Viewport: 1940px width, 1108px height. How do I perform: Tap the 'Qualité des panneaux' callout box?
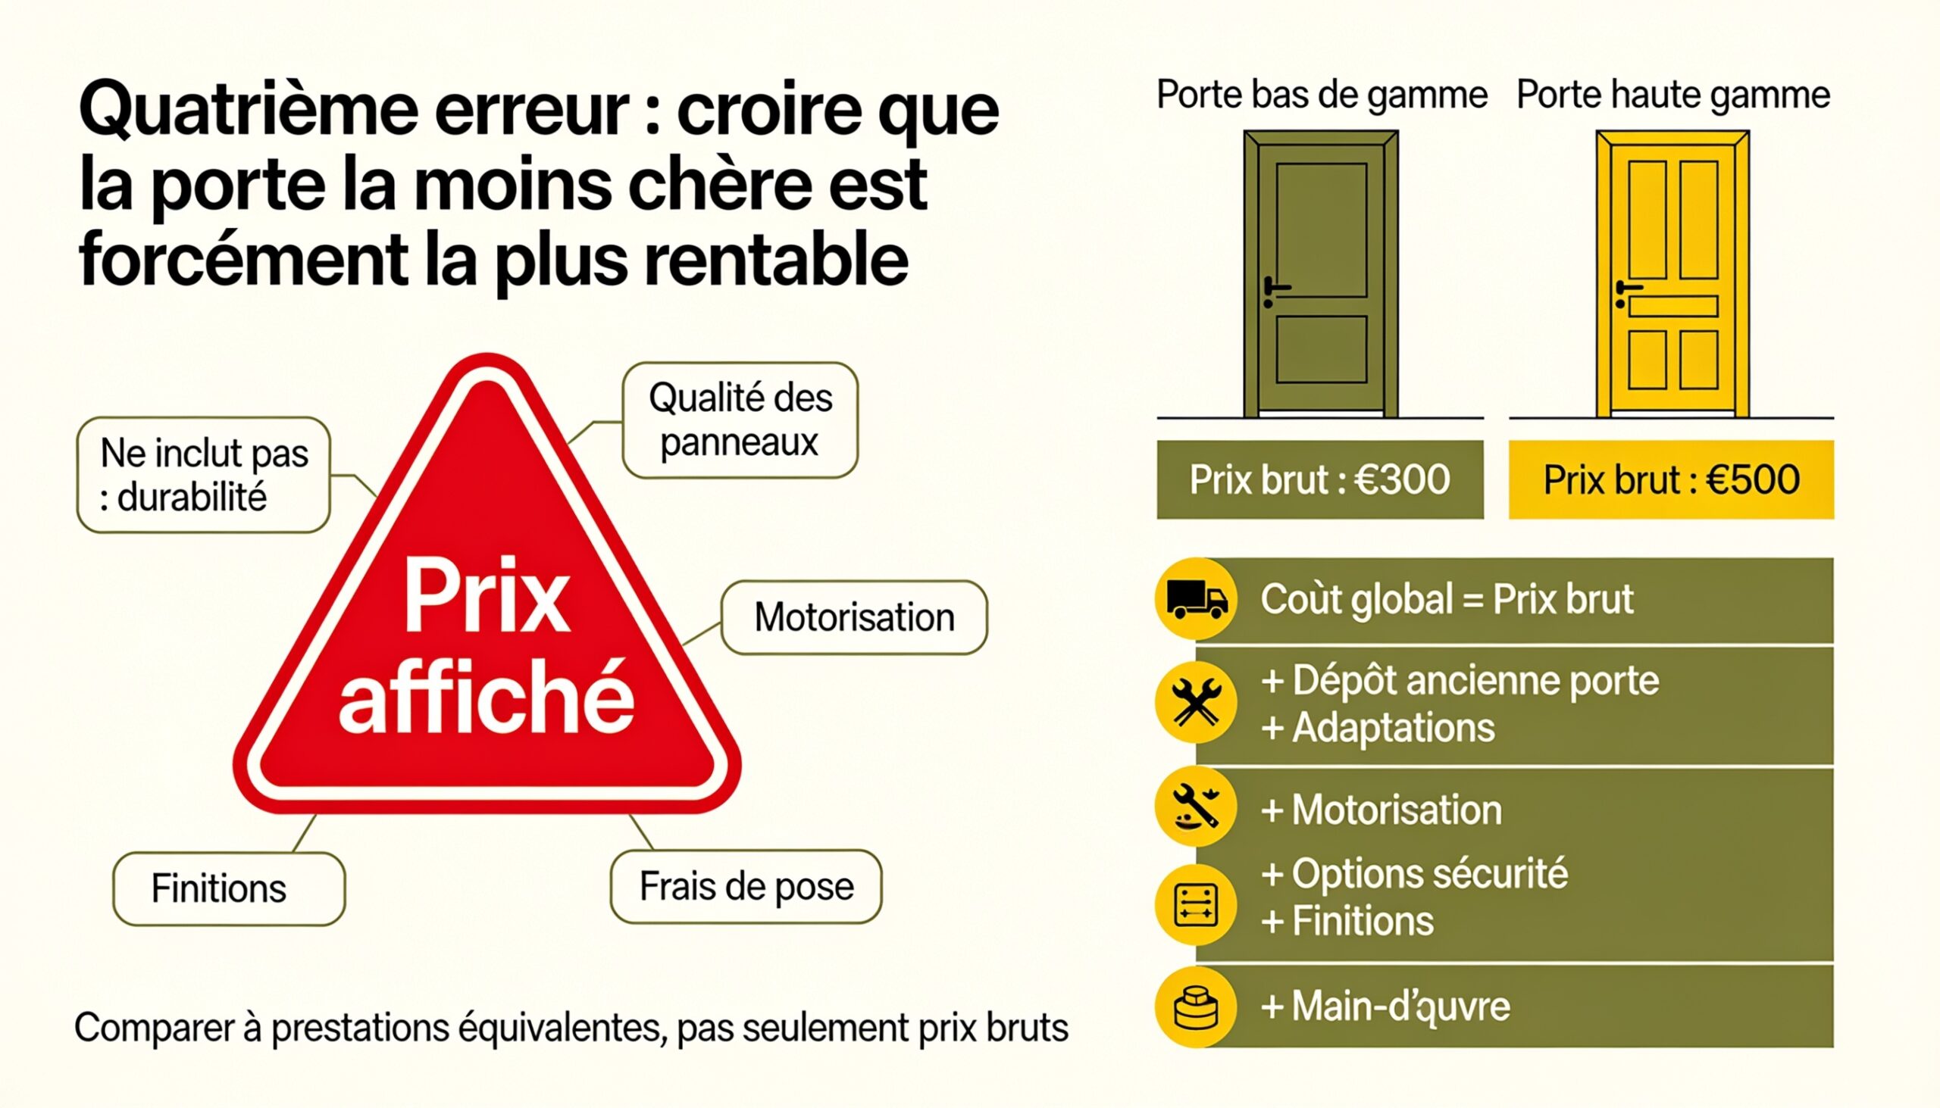[x=740, y=420]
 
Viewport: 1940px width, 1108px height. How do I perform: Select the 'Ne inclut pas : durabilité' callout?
[x=203, y=475]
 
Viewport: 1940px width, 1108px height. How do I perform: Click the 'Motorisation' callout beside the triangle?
[x=854, y=617]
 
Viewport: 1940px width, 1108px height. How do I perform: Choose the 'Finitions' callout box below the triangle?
[x=228, y=889]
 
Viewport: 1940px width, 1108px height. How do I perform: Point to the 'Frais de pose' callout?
[x=746, y=887]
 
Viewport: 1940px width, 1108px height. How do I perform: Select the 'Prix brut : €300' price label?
[x=1320, y=479]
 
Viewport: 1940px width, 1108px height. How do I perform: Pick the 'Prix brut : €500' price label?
[x=1671, y=479]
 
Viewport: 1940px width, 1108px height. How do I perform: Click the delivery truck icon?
[x=1196, y=599]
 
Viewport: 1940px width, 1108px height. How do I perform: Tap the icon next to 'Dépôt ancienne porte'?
[x=1196, y=701]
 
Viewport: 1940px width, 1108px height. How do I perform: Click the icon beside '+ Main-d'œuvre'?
[x=1196, y=1007]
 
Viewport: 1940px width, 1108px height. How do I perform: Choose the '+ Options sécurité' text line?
[x=1415, y=874]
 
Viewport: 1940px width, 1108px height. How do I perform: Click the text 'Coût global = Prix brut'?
[x=1447, y=600]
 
